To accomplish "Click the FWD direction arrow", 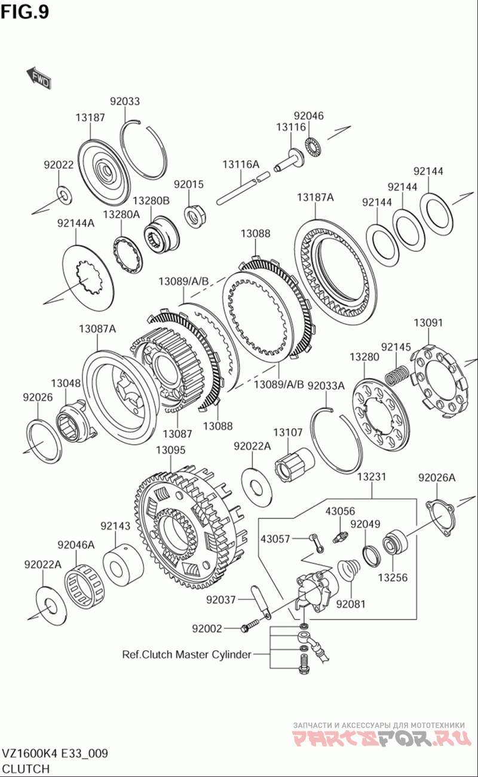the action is pos(39,77).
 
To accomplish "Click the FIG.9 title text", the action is pos(25,12).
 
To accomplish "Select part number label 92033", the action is pos(125,101).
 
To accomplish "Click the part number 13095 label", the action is pos(171,450).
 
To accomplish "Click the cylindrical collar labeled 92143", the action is pos(123,565).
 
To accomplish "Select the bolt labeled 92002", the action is pos(250,626).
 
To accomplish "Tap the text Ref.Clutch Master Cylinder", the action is pos(186,654).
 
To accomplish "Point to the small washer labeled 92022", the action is pos(63,196).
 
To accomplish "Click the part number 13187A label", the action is pos(315,197).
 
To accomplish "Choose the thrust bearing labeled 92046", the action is pos(313,146).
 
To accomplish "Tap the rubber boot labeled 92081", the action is pos(348,571).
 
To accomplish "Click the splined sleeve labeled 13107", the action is pos(295,465).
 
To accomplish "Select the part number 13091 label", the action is pos(428,322).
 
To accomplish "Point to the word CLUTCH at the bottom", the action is pos(26,769).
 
